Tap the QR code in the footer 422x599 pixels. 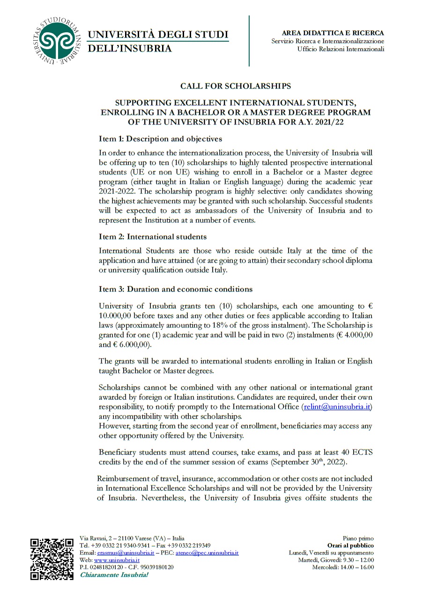point(52,559)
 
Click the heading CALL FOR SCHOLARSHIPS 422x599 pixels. point(236,86)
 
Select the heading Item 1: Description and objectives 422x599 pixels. point(160,139)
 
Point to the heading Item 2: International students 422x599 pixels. point(153,237)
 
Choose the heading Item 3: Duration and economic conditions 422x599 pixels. point(176,288)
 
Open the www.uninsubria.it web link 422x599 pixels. point(117,560)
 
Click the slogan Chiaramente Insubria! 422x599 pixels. point(114,574)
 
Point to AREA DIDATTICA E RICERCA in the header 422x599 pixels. point(333,33)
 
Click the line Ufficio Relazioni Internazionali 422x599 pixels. point(341,49)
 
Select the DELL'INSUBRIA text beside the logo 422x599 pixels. point(130,49)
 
